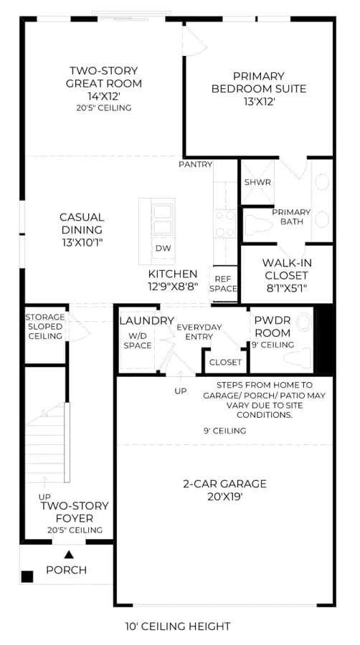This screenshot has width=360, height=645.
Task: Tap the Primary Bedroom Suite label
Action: coord(259,82)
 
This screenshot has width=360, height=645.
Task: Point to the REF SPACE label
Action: coord(223,284)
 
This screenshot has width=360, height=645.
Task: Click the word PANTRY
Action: coord(196,165)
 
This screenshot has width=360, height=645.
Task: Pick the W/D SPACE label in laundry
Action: coord(138,340)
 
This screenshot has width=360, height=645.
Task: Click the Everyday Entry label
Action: coord(199,332)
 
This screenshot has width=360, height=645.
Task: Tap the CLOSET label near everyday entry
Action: coord(225,363)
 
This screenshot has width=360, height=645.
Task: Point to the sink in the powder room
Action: coord(303,322)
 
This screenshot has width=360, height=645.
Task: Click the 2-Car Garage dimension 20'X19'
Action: coord(224,497)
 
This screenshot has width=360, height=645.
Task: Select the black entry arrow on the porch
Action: coord(69,555)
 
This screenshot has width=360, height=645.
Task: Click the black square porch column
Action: coord(27,577)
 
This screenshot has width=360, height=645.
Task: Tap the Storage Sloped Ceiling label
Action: coord(45,327)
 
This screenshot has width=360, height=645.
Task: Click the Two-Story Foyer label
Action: coord(75,512)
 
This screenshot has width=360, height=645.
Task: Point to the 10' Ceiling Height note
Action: coord(178,626)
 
